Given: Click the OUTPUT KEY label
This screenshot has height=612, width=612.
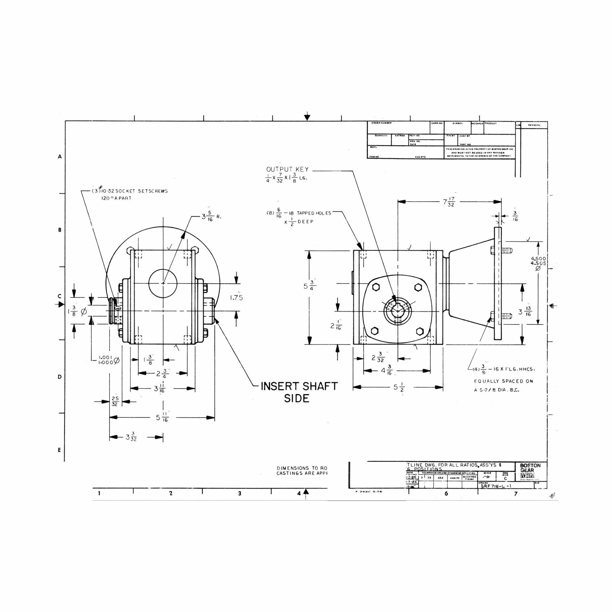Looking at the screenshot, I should (287, 170).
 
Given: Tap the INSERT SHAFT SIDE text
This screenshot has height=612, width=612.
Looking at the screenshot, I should (299, 392).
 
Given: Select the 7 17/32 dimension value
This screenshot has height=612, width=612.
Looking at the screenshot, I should (449, 202).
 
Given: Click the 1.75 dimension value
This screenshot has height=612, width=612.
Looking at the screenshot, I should (236, 298).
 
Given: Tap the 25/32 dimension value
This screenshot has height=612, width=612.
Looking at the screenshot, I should (115, 401).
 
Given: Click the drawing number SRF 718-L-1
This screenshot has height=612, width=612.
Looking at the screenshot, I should (496, 486).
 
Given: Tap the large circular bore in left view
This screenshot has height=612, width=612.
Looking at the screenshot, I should (163, 283).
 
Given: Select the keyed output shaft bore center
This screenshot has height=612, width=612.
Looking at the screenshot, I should (397, 312).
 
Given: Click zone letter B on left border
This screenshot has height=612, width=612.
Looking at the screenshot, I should (60, 230).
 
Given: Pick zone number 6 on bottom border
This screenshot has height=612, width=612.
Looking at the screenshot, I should (446, 494).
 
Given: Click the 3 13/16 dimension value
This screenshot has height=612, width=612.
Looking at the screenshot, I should (524, 312).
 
